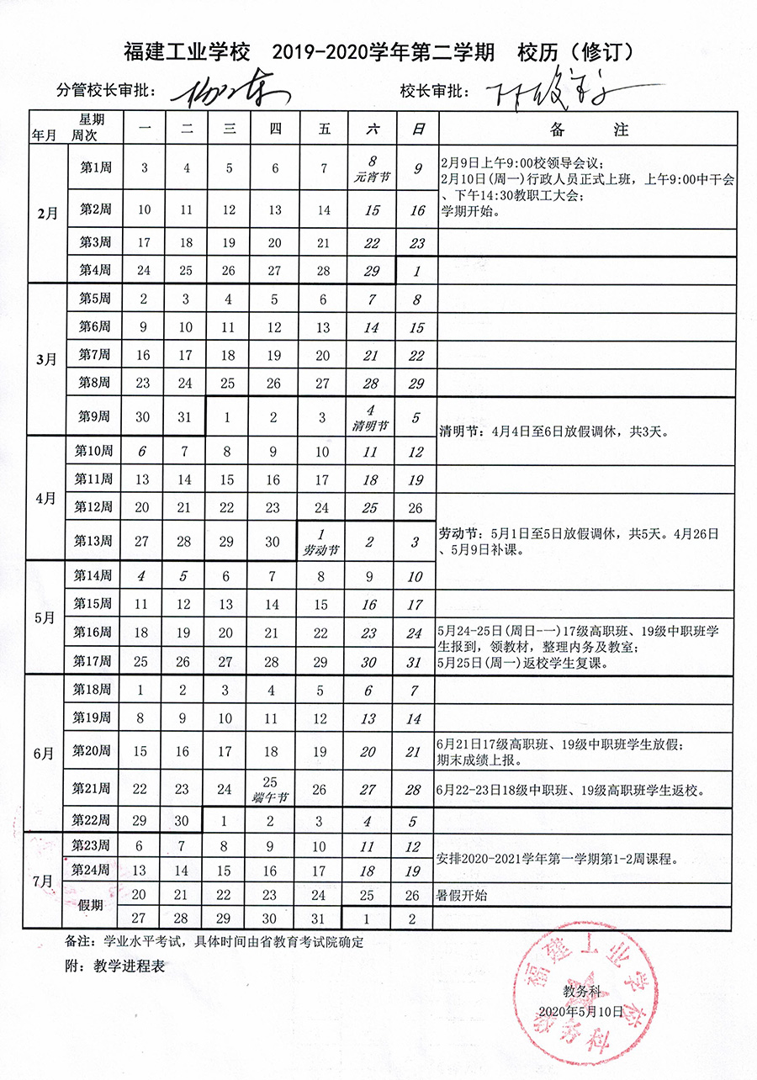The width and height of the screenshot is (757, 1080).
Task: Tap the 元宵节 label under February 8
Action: [370, 180]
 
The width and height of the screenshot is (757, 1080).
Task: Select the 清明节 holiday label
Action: [370, 426]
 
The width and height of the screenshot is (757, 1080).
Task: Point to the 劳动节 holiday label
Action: [320, 551]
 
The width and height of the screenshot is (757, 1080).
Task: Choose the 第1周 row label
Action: [95, 167]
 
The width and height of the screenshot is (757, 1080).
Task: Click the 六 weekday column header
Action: [370, 130]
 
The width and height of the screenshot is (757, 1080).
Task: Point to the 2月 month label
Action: [47, 214]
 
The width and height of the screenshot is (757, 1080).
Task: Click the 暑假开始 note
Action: [462, 896]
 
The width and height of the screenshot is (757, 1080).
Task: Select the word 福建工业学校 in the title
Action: [187, 52]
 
